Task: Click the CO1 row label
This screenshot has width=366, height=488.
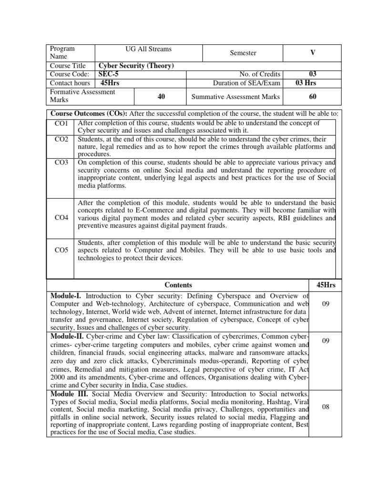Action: click(x=61, y=123)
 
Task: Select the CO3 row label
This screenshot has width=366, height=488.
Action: click(x=61, y=163)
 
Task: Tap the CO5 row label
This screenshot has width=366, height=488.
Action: click(x=61, y=250)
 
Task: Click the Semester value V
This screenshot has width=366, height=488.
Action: click(x=312, y=53)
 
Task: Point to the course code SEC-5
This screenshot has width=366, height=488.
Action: click(x=110, y=74)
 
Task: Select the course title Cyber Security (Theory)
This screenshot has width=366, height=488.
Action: click(x=136, y=66)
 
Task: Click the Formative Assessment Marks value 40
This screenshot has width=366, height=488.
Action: click(x=161, y=96)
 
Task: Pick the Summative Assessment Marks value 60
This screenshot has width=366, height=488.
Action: click(x=312, y=96)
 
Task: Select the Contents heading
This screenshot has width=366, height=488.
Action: click(x=178, y=285)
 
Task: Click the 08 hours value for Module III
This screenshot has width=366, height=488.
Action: click(x=326, y=407)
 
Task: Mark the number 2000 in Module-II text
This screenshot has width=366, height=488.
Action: click(x=58, y=377)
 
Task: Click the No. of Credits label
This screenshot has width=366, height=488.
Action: click(x=260, y=74)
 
